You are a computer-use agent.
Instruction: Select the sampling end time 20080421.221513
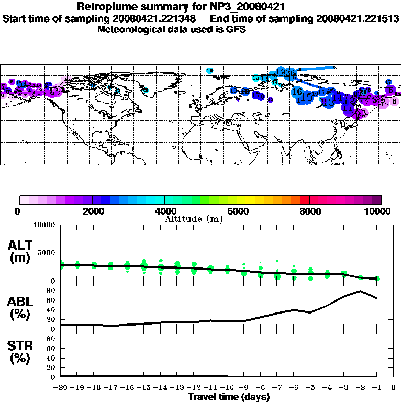[358, 18]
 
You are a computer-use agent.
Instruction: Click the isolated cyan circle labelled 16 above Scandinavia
[210, 70]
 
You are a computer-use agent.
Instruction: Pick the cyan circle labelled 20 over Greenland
[146, 90]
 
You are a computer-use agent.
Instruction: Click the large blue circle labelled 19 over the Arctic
[281, 72]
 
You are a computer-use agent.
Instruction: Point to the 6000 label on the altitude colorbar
[237, 211]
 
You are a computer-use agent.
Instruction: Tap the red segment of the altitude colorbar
[305, 200]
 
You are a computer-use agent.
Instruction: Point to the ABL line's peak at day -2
[360, 291]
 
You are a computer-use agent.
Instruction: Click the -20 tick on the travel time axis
[61, 388]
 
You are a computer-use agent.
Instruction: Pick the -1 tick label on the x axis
[376, 388]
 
